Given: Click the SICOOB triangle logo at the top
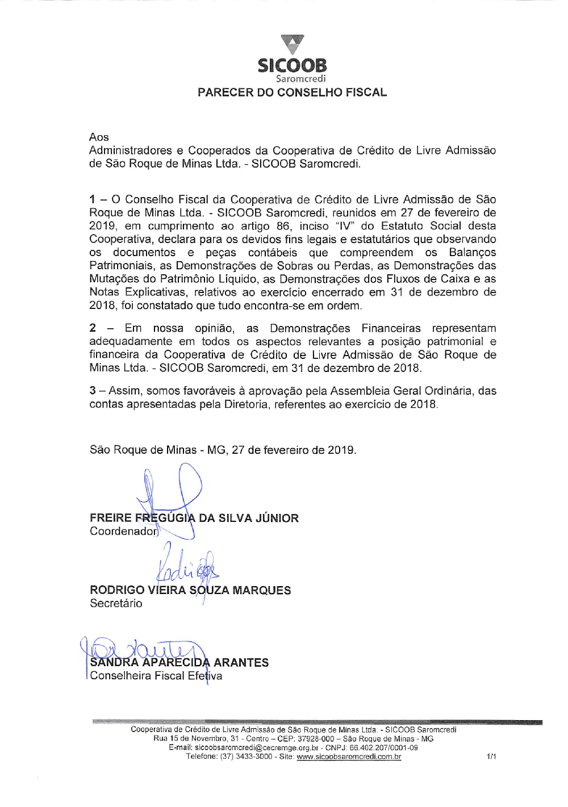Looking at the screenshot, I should pyautogui.click(x=293, y=44).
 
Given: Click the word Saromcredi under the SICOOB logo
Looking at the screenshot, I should pyautogui.click(x=300, y=79).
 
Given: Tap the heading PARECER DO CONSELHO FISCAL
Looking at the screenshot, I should pyautogui.click(x=292, y=93).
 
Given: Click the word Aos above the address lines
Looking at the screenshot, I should pyautogui.click(x=99, y=137).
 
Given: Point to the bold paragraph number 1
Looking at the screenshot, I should pyautogui.click(x=92, y=199).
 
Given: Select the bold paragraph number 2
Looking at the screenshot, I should pyautogui.click(x=93, y=328).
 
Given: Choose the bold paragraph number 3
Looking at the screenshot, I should pyautogui.click(x=93, y=391).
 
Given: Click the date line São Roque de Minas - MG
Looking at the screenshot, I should pyautogui.click(x=223, y=450).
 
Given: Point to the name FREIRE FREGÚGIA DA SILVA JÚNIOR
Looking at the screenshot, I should pyautogui.click(x=194, y=518).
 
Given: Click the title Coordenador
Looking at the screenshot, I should pyautogui.click(x=123, y=531).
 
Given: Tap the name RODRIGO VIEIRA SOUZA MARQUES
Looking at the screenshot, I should pyautogui.click(x=190, y=590).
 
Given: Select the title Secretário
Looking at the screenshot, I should pyautogui.click(x=116, y=603).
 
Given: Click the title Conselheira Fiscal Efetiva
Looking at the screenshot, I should pyautogui.click(x=156, y=676).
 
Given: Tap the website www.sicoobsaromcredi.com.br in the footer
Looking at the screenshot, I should pyautogui.click(x=349, y=756).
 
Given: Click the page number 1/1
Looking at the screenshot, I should pyautogui.click(x=491, y=756).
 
